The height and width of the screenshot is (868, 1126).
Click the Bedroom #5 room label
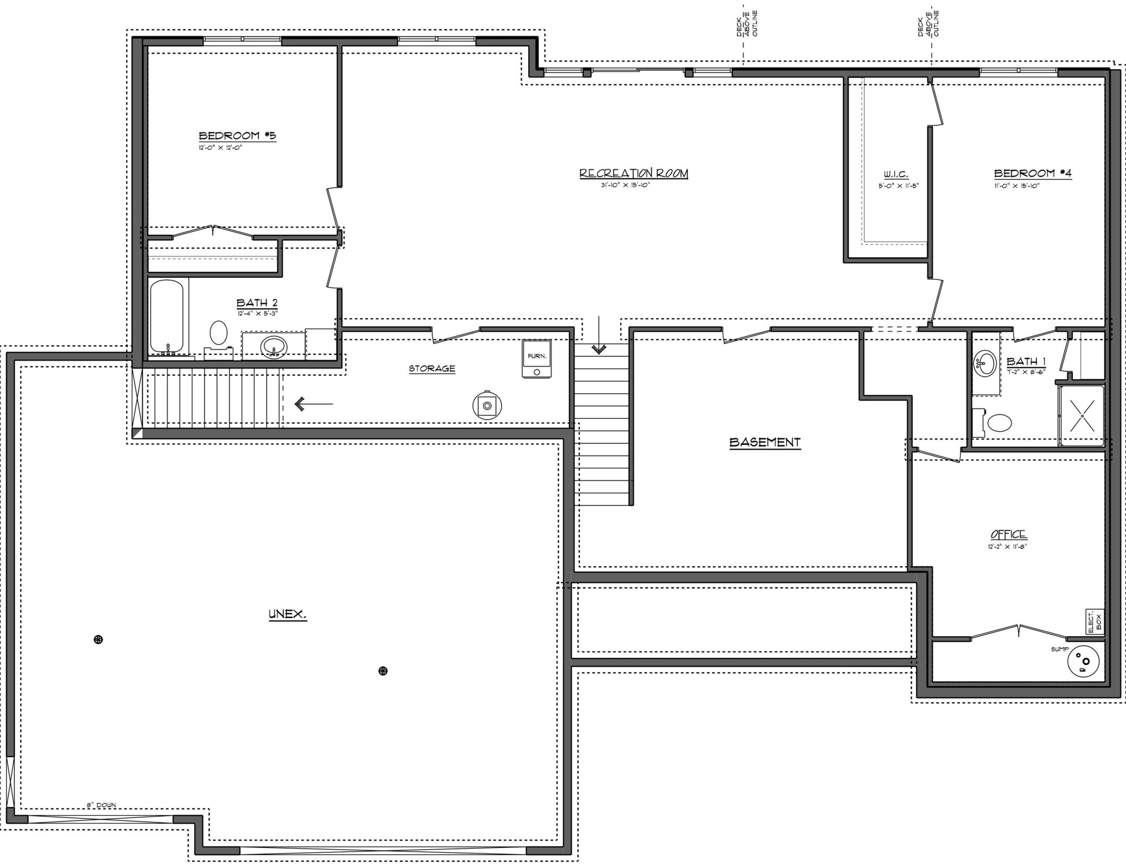[x=238, y=135]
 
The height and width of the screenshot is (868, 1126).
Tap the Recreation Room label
[x=634, y=173]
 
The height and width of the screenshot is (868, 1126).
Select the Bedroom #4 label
[x=1033, y=173]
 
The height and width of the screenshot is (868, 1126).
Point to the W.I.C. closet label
[x=896, y=175]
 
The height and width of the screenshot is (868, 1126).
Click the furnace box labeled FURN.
[x=537, y=359]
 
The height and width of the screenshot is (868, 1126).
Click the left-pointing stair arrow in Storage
[x=314, y=404]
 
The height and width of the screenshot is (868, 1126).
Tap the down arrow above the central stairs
[x=599, y=335]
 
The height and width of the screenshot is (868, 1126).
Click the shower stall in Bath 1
[x=1081, y=416]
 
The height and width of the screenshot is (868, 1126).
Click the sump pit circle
[x=1083, y=661]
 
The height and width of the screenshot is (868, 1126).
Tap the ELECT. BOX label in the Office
[x=1094, y=622]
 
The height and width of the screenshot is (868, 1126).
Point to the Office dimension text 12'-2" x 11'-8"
[x=1007, y=547]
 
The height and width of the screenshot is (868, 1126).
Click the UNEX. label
[x=288, y=614]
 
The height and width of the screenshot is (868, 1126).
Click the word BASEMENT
[x=765, y=442]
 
